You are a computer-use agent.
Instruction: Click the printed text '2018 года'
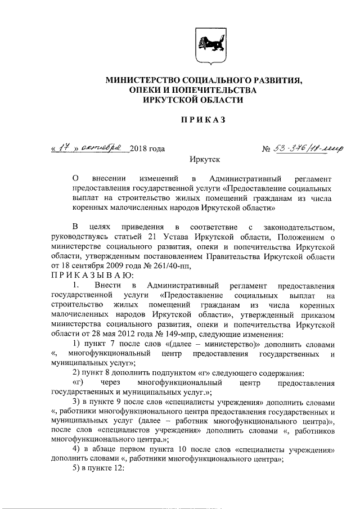(x=147, y=150)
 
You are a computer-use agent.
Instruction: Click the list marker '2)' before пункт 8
(x=79, y=373)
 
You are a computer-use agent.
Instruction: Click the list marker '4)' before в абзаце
(x=79, y=450)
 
